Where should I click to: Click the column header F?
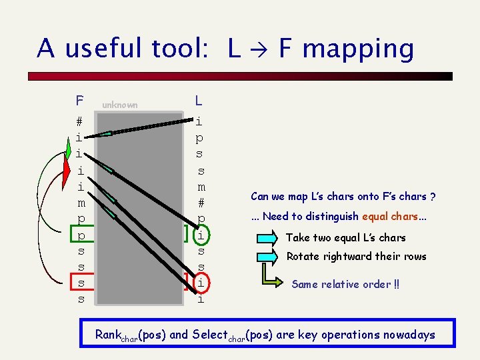tap(79, 101)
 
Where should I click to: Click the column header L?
tap(199, 101)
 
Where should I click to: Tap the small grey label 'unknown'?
tap(120, 105)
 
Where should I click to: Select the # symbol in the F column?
tap(79, 122)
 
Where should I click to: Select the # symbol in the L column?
tap(201, 202)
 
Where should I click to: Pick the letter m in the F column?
tap(80, 202)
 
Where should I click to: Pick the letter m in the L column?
tap(201, 186)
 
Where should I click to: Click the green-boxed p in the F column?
tap(80, 235)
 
